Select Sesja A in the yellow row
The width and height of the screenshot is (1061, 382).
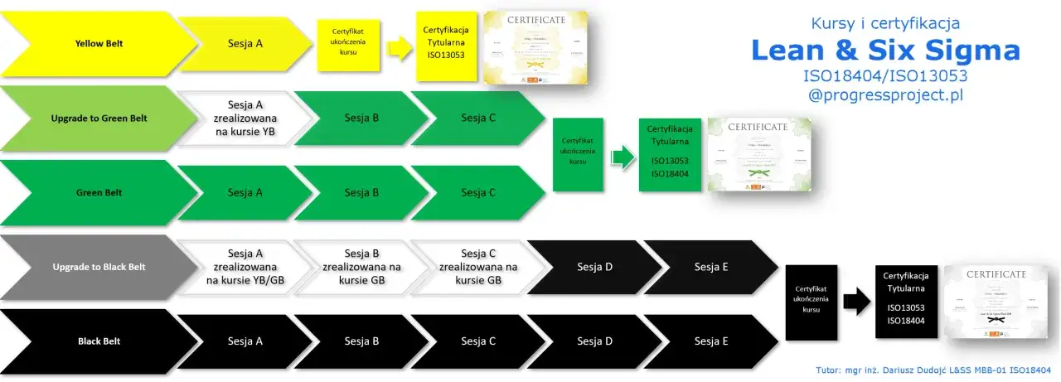pyautogui.click(x=245, y=43)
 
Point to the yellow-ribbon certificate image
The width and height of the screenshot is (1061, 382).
pyautogui.click(x=535, y=47)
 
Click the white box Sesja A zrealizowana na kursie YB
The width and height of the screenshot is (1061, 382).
pyautogui.click(x=245, y=118)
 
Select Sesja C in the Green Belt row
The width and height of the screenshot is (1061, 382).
pyautogui.click(x=478, y=192)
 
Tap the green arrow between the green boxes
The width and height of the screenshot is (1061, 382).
pyautogui.click(x=621, y=156)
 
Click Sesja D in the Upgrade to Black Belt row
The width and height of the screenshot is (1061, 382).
pyautogui.click(x=595, y=267)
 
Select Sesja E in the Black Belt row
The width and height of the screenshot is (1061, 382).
pyautogui.click(x=711, y=341)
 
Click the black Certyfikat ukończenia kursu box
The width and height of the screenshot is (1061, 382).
pyautogui.click(x=811, y=302)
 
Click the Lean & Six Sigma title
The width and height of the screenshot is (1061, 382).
pyautogui.click(x=885, y=51)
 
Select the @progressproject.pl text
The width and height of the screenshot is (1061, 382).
pyautogui.click(x=885, y=95)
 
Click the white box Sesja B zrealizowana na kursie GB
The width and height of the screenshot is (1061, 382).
pyautogui.click(x=361, y=267)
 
